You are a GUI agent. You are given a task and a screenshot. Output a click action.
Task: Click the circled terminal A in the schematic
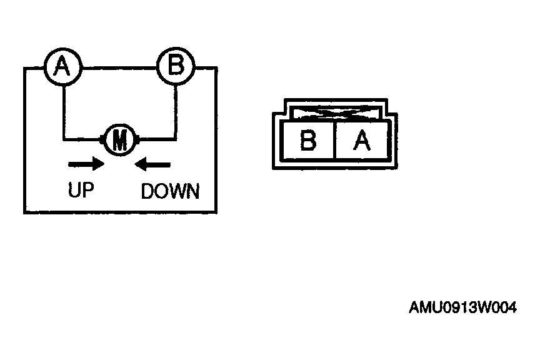[x=63, y=66]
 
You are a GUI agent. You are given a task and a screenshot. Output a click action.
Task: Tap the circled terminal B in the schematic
[x=176, y=66]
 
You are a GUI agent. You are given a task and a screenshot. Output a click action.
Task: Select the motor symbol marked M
[x=120, y=140]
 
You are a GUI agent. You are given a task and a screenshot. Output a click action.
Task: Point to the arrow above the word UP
[x=86, y=164]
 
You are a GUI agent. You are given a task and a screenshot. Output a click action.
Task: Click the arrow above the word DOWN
[x=152, y=164]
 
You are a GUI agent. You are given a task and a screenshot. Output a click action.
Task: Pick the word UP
[x=81, y=190]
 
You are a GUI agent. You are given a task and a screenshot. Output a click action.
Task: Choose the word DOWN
[x=170, y=191]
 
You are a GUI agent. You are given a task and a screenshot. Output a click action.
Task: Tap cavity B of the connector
[x=308, y=140]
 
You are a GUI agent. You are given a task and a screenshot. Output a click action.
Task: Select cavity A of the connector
[x=361, y=140]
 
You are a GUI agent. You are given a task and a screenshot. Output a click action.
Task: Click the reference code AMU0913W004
[x=463, y=307]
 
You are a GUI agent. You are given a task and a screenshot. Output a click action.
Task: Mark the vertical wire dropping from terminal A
[x=64, y=112]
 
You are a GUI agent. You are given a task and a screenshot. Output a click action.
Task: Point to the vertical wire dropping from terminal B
[x=176, y=112]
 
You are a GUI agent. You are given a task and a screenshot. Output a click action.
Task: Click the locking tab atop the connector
[x=336, y=112]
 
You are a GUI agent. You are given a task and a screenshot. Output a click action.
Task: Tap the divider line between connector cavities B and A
[x=334, y=140]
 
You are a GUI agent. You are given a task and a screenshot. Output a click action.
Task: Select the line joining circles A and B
[x=119, y=68]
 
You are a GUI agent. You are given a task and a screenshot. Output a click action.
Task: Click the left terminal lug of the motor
[x=102, y=140]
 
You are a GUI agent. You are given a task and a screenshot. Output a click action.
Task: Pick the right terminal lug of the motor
[x=137, y=140]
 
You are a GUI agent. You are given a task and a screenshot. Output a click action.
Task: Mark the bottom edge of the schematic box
[x=120, y=212]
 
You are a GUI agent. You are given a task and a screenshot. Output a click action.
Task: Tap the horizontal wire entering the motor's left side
[x=82, y=139]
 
